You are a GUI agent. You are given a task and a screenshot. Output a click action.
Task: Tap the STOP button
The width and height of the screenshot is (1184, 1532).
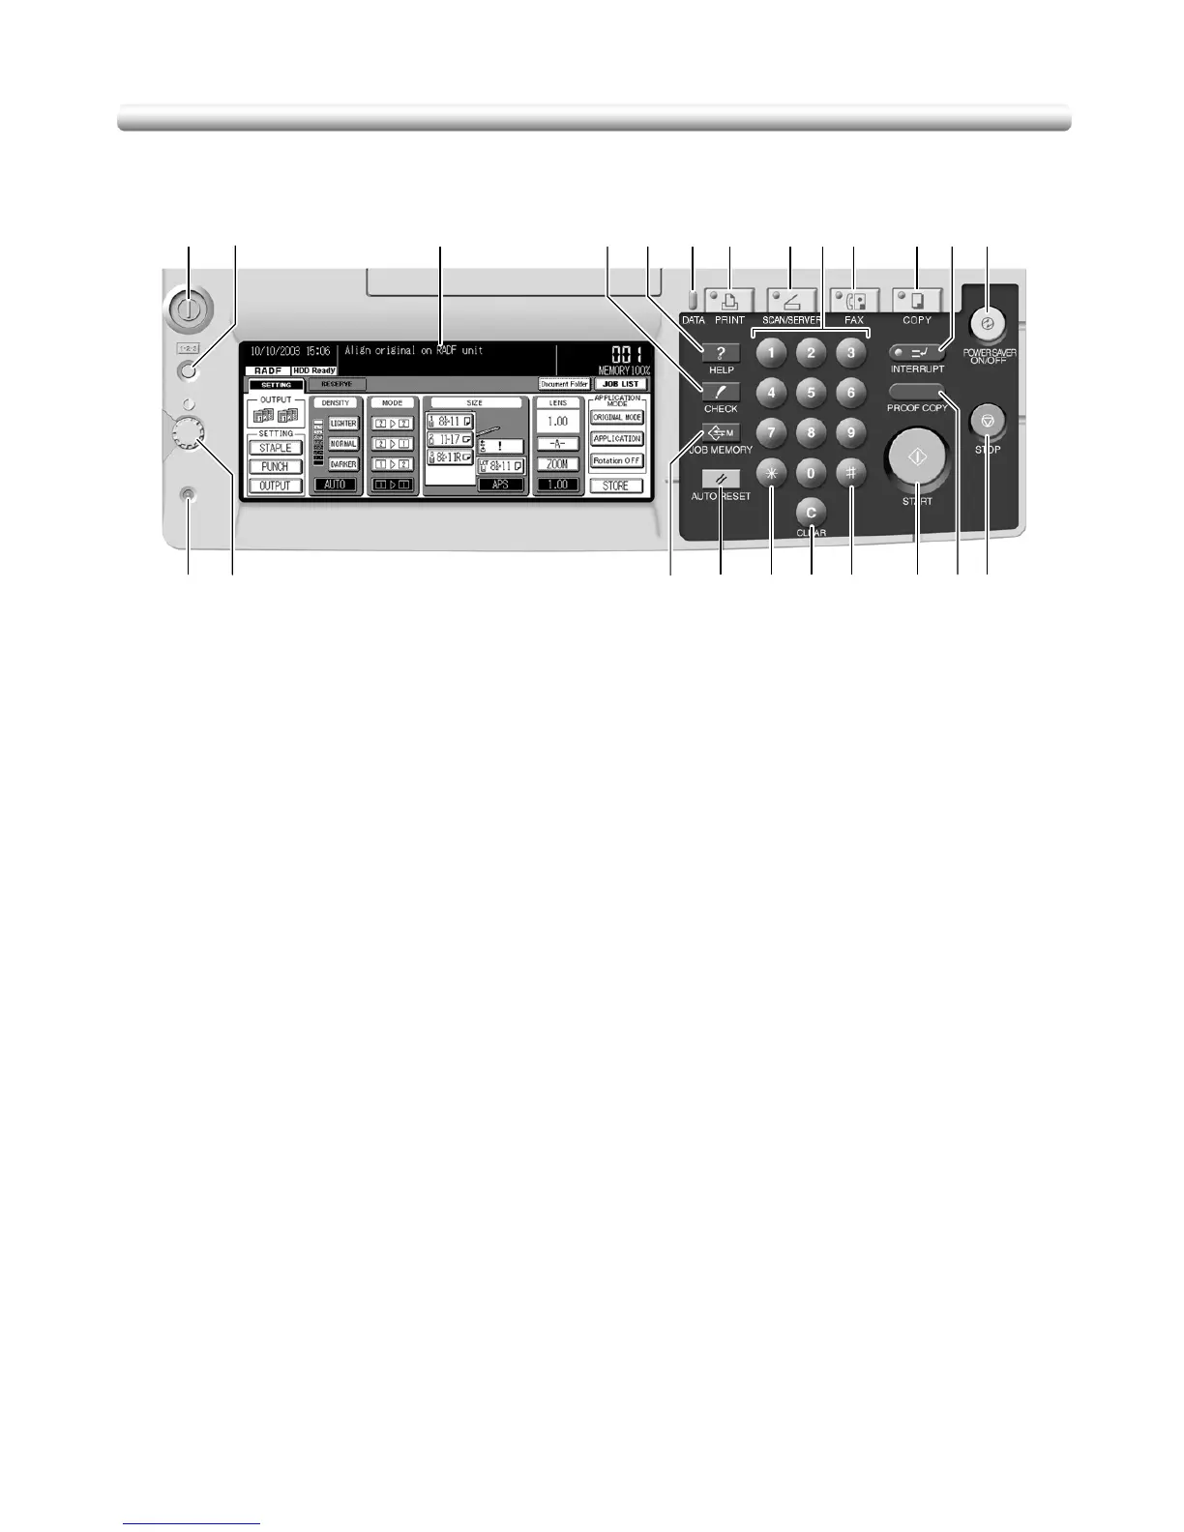point(988,421)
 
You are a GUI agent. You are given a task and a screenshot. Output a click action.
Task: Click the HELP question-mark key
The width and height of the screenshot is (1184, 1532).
point(721,353)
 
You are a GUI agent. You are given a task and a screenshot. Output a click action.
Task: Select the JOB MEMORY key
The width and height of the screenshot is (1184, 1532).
point(721,432)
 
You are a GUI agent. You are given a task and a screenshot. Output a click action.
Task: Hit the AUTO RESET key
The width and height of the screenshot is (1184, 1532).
point(721,479)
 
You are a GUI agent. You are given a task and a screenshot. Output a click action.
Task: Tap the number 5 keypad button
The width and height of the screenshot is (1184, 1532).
point(811,393)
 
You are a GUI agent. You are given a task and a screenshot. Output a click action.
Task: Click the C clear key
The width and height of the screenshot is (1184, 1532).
point(811,513)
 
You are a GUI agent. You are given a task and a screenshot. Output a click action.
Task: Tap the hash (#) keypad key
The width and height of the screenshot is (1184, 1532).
point(851,473)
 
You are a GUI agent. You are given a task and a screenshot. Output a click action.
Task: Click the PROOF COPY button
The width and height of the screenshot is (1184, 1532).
point(917,391)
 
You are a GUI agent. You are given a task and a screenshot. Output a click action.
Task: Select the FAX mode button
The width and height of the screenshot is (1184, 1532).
point(854,300)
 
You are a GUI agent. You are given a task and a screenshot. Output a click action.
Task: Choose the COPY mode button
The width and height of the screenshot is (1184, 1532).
point(917,300)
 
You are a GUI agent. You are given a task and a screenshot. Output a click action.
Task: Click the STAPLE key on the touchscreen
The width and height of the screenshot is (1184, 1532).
point(275,448)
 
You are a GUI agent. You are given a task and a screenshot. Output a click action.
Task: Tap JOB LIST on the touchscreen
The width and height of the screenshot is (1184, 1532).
point(619,384)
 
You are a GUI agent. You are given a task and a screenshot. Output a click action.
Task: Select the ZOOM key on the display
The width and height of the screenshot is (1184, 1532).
point(557,464)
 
